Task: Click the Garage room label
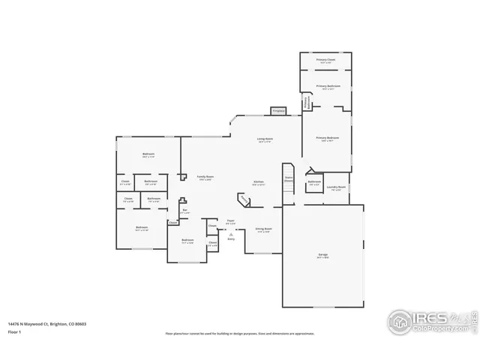[322, 256]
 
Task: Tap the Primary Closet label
[325, 59]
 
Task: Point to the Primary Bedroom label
[326, 138]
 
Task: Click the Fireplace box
[278, 111]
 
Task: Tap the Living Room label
[265, 139]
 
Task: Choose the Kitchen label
[259, 182]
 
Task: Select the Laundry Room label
[337, 187]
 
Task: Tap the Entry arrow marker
[231, 235]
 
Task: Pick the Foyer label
[231, 221]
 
